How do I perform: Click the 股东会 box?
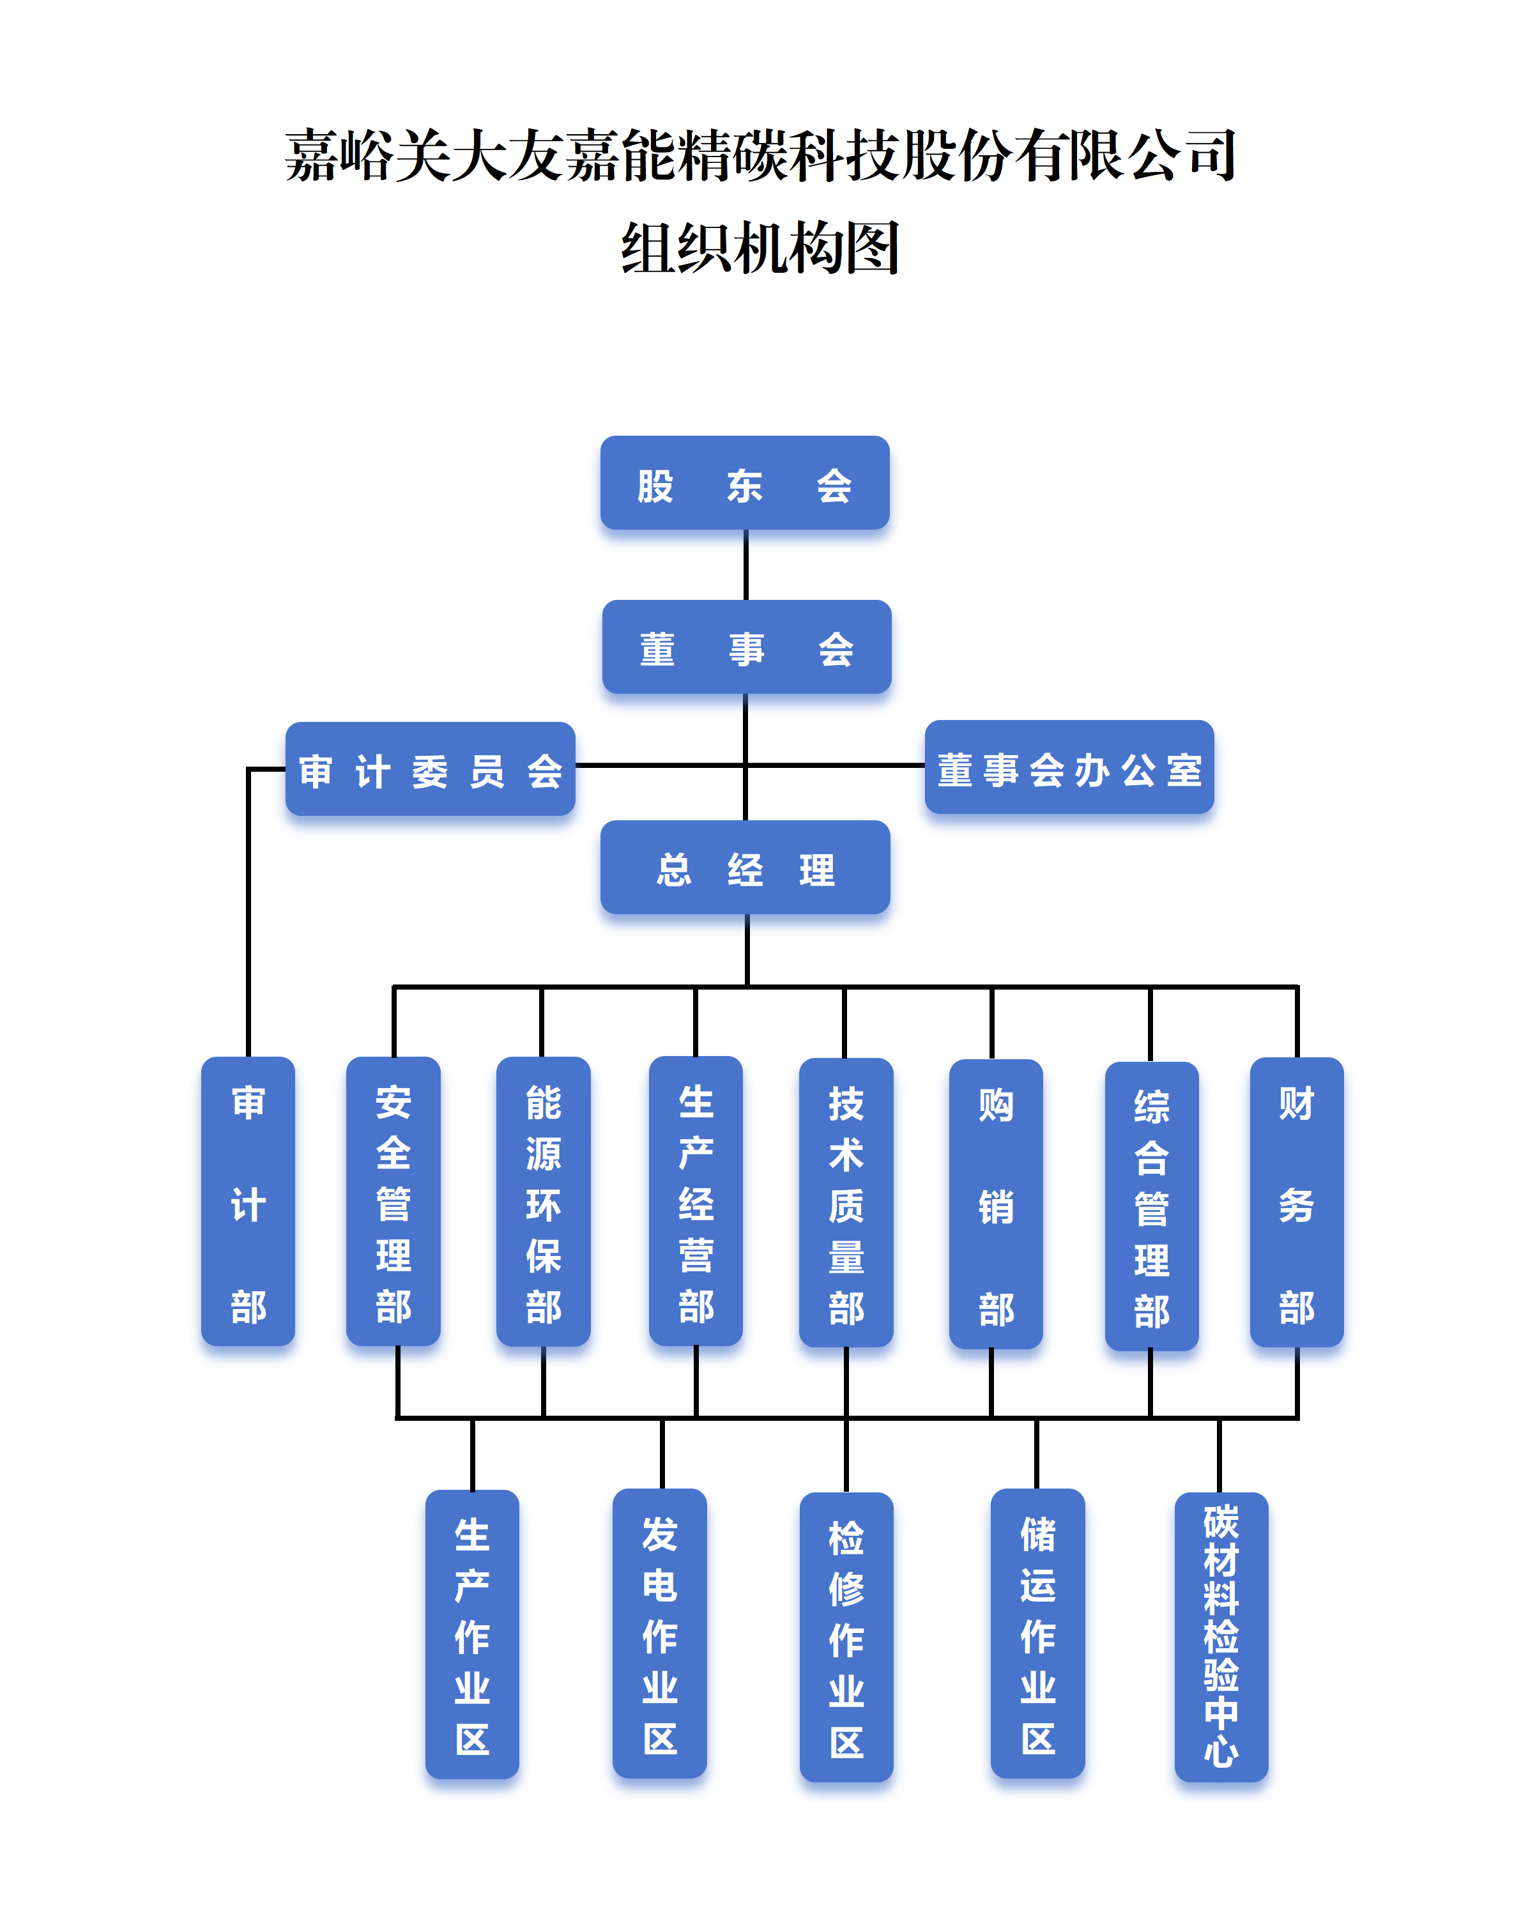coord(744,483)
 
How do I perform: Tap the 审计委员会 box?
coord(430,769)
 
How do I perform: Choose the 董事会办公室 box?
coord(1069,767)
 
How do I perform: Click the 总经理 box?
coord(744,868)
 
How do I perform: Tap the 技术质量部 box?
coord(846,1202)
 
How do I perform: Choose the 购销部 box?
coord(996,1203)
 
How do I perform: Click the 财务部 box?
coord(1297,1202)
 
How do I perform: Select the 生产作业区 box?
coord(472,1634)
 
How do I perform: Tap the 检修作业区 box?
coord(846,1637)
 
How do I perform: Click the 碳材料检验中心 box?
coord(1221,1637)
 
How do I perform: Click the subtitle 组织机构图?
coord(760,248)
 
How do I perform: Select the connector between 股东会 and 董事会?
coord(746,565)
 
